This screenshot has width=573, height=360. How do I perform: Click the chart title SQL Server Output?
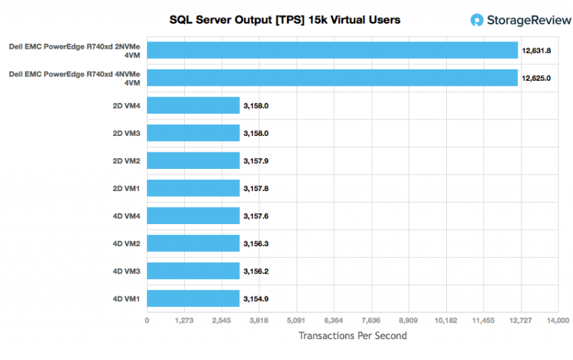pos(284,20)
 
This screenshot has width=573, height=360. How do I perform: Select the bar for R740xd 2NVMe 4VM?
pos(332,50)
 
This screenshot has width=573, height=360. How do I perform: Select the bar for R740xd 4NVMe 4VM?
pos(332,77)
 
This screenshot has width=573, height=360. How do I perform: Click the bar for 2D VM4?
pos(193,106)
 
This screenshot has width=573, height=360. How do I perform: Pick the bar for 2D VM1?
pos(193,188)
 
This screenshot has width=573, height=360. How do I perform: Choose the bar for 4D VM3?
pos(193,271)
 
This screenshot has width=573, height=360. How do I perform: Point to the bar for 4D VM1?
pos(193,298)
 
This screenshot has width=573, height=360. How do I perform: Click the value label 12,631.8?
pos(536,51)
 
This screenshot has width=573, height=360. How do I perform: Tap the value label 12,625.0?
pos(536,78)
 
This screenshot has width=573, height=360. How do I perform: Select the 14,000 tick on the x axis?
pos(557,320)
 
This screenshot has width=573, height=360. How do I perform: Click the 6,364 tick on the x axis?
pos(334,320)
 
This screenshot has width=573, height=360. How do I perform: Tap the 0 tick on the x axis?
pos(147,320)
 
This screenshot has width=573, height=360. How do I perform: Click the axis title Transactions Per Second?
pos(352,336)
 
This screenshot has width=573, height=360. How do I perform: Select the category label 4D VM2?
pos(126,243)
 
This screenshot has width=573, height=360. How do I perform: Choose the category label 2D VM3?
pos(126,133)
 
